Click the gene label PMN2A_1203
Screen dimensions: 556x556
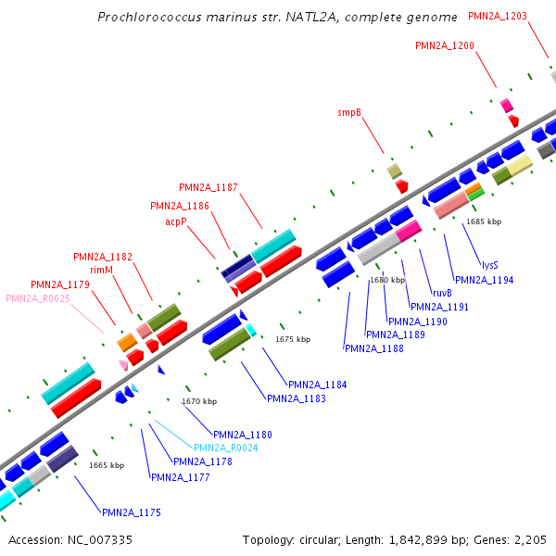[x=498, y=17]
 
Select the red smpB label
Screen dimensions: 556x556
[x=349, y=112]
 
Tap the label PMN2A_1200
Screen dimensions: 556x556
[x=445, y=45]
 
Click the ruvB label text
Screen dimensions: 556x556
[x=442, y=293]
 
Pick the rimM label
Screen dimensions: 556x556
[x=102, y=269]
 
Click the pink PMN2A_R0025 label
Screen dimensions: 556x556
[x=38, y=298]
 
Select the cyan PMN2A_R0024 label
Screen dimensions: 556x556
[x=226, y=448]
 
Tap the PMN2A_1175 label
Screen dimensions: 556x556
[x=132, y=512]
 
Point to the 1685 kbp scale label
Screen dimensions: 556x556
[x=484, y=221]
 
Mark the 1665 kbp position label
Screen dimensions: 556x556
[x=107, y=465]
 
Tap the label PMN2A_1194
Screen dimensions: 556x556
[x=484, y=280]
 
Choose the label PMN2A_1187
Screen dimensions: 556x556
[x=208, y=187]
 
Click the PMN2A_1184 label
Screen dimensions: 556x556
[x=318, y=385]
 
